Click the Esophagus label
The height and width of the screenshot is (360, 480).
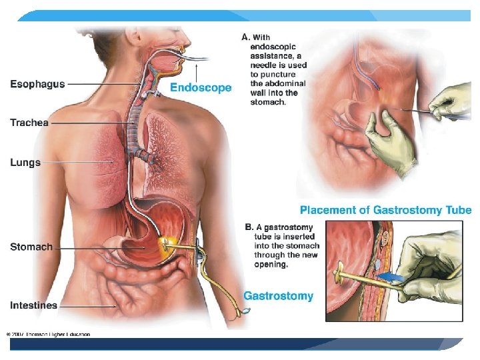coord(37,85)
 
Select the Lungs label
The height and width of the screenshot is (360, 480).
coord(25,162)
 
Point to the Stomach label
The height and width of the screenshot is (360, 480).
coord(31,247)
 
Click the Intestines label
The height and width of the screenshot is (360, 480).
coord(33,305)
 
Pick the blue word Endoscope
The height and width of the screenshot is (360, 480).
coord(201,87)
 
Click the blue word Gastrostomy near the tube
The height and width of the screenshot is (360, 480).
coord(278,295)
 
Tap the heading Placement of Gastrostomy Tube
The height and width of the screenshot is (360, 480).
coord(385,210)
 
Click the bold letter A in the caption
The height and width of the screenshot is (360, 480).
coord(245,37)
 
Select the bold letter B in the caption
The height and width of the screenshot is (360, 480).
coord(249,227)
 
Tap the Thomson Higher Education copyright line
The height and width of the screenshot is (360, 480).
coord(48,334)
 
